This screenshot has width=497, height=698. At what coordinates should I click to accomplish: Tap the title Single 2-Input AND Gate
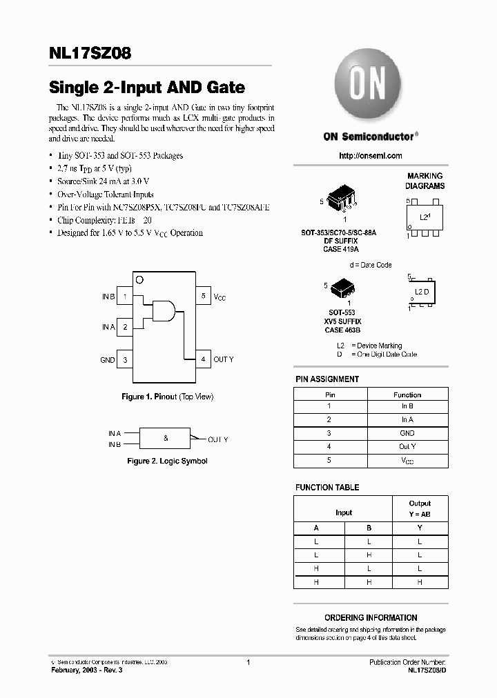pos(146,88)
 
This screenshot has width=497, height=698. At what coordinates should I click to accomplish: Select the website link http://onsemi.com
pos(371,156)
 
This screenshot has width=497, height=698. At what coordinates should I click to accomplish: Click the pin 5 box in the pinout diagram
pos(203,296)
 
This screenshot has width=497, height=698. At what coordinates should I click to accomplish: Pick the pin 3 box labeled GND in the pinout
pos(125,359)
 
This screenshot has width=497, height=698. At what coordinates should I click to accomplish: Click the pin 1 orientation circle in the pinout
pos(139,279)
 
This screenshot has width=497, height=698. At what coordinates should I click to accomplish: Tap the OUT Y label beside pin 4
pos(224,359)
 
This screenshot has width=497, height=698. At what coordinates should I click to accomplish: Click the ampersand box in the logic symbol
pos(166,438)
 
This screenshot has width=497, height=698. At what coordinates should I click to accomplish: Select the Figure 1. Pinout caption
pos(167,397)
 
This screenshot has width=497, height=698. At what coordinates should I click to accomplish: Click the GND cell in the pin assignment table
pos(407,433)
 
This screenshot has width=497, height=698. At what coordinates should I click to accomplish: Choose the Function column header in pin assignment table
pos(407,395)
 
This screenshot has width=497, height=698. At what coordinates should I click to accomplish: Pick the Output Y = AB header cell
pos(419,508)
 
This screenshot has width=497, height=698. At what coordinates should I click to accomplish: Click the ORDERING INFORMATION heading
pos(371,618)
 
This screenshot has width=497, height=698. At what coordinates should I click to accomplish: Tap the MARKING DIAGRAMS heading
pos(425,181)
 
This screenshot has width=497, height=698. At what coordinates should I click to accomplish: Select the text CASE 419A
pos(341,249)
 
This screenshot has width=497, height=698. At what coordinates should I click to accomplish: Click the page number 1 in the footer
pos(248,662)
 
